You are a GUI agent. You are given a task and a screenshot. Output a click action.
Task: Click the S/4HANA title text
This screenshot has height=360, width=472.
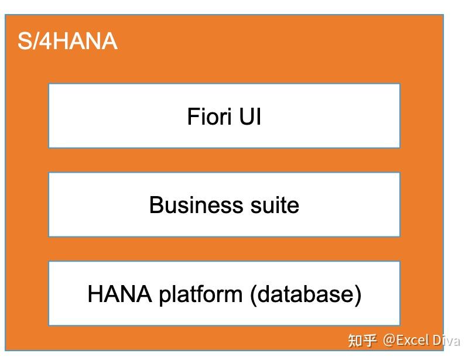[67, 42]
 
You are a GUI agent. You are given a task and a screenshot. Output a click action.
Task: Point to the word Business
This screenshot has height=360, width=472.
[188, 205]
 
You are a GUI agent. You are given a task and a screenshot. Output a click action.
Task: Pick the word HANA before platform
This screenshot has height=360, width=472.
[119, 294]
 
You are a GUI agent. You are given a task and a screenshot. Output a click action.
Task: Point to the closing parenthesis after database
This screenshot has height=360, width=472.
[357, 294]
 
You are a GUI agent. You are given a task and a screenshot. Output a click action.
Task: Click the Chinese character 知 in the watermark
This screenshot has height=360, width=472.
[355, 341]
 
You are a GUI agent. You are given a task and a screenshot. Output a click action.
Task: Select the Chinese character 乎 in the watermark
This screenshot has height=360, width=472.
[370, 341]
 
